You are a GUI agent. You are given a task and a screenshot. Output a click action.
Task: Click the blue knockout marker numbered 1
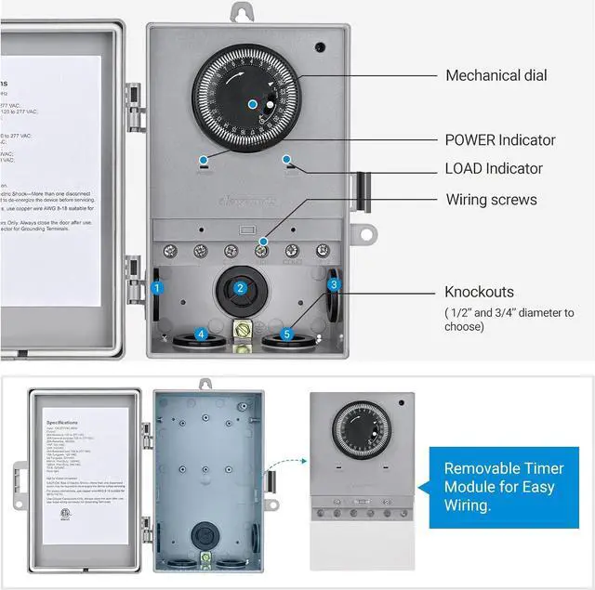tap(157, 289)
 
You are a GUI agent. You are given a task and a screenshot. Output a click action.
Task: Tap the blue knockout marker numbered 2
tap(240, 288)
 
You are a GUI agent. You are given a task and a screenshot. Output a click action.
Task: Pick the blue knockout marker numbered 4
tap(201, 334)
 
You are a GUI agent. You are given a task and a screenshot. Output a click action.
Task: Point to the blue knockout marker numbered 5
tap(287, 334)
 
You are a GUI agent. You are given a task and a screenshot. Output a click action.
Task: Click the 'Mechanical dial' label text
tap(496, 75)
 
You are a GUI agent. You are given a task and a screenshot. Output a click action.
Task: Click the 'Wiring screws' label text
tap(491, 200)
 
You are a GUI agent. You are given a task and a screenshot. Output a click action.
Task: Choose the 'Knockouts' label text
tap(480, 292)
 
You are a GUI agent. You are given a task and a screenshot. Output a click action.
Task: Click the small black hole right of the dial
tap(319, 46)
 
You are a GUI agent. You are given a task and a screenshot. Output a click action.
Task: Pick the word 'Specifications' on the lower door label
tap(62, 421)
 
